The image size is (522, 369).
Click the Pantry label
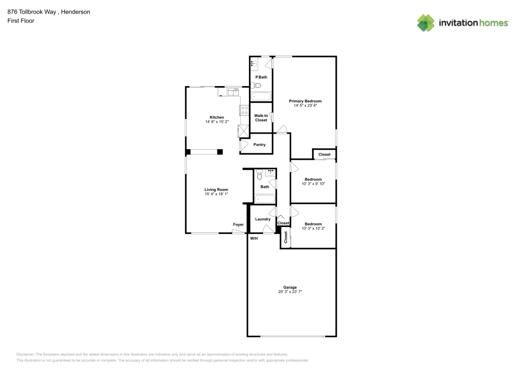(259, 145)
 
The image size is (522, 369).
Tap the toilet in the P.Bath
(253, 85)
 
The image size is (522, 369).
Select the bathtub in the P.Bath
(261, 97)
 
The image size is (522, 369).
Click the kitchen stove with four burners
(244, 110)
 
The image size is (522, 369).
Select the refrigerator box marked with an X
(243, 130)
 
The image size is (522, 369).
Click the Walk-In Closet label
(261, 117)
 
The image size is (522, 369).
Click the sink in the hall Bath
(270, 173)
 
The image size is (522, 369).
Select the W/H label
(254, 239)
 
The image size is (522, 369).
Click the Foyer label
(238, 224)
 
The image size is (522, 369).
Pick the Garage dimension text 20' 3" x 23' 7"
(290, 292)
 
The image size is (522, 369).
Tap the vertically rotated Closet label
(286, 238)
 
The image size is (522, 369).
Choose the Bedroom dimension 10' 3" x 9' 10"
(313, 184)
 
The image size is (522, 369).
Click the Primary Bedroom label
(305, 101)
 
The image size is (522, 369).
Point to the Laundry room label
(263, 219)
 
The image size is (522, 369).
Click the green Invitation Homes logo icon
(426, 22)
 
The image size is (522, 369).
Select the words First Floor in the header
(21, 21)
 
